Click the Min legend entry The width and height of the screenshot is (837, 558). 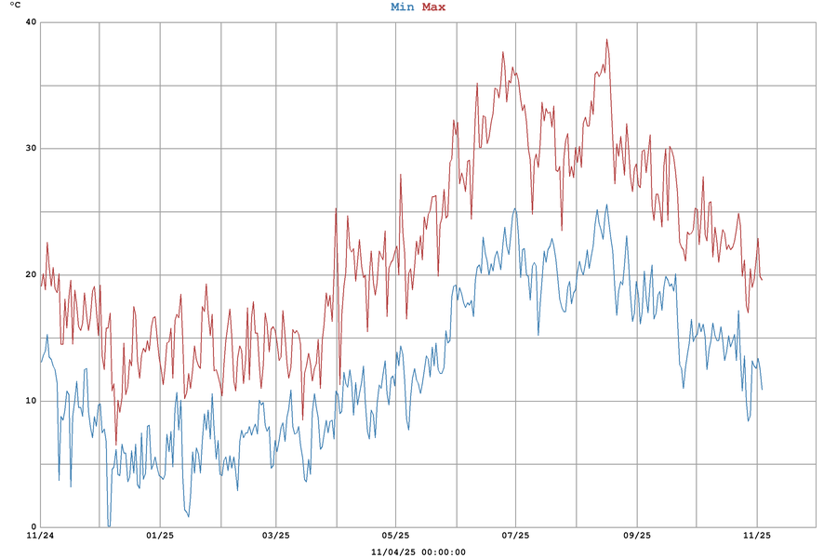(x=402, y=7)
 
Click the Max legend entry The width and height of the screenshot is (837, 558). (x=433, y=7)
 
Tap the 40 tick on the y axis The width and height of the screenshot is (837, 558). (x=31, y=22)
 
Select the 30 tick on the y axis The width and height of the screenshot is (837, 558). (x=31, y=149)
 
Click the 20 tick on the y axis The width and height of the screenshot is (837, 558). (x=31, y=274)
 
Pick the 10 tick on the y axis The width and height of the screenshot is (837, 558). (x=31, y=401)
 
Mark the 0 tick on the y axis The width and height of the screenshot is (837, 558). (x=33, y=526)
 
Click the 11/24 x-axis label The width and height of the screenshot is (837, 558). (x=40, y=536)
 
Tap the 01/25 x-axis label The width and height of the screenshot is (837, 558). (x=160, y=536)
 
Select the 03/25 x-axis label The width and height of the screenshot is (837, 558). (x=276, y=536)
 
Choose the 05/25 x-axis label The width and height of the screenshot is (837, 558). (x=395, y=536)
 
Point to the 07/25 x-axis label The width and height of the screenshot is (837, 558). (x=515, y=536)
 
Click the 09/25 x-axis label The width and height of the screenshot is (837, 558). (x=636, y=536)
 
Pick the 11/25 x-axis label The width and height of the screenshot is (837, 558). (x=757, y=536)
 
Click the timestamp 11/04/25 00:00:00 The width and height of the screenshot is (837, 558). (x=418, y=551)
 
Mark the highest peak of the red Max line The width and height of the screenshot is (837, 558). (x=606, y=39)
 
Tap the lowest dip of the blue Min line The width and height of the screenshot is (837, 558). (x=109, y=525)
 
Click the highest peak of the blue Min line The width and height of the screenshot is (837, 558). (x=606, y=206)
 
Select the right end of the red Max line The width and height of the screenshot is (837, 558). (x=762, y=279)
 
